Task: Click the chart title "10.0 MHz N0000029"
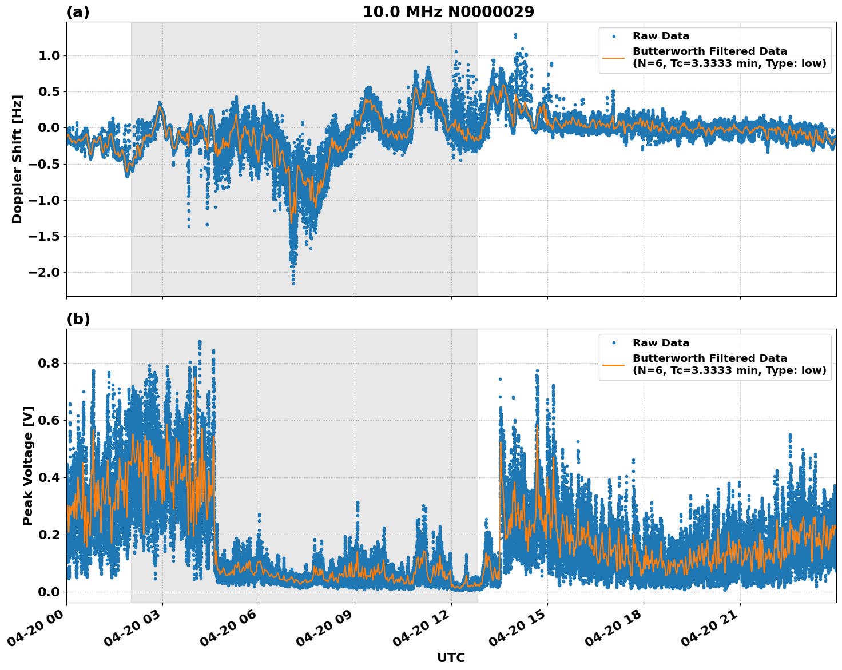(x=448, y=12)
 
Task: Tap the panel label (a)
(x=78, y=12)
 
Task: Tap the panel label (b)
(x=78, y=319)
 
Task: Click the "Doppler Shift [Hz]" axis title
(x=17, y=159)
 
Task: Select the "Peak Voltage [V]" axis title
(x=28, y=465)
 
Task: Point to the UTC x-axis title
(x=451, y=657)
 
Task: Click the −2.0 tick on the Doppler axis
(x=43, y=272)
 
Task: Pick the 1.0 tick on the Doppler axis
(x=49, y=55)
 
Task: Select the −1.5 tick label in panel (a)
(x=43, y=236)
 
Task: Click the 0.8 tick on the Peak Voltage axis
(x=49, y=363)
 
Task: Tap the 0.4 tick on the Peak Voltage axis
(x=49, y=477)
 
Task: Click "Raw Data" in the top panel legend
(x=661, y=36)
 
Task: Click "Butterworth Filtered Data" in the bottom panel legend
(x=709, y=358)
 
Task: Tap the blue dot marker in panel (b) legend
(x=614, y=343)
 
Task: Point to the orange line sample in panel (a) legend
(x=614, y=57)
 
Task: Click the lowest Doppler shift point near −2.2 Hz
(x=293, y=283)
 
